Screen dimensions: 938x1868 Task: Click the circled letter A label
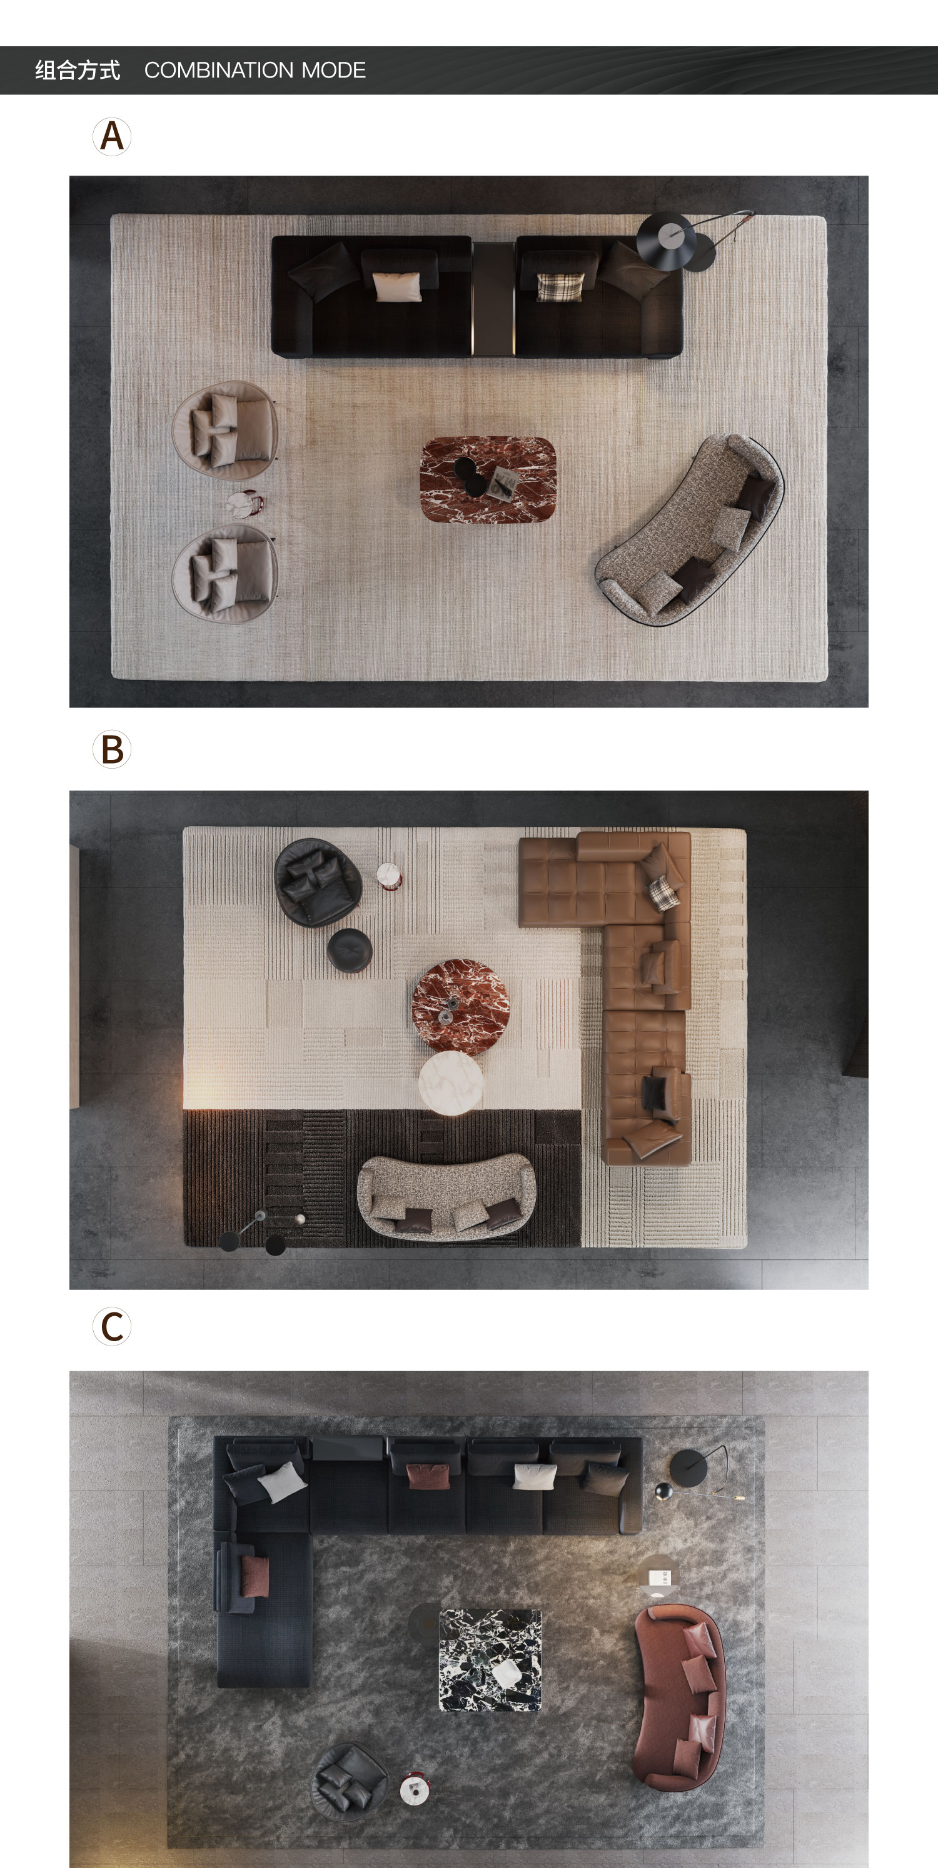pyautogui.click(x=112, y=136)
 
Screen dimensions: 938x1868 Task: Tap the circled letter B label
pyautogui.click(x=112, y=749)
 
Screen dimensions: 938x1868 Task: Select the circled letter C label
pyautogui.click(x=112, y=1326)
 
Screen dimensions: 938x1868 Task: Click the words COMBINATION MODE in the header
pyautogui.click(x=255, y=71)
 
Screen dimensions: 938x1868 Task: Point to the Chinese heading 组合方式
pyautogui.click(x=78, y=71)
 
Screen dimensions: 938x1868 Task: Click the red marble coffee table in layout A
pyautogui.click(x=488, y=479)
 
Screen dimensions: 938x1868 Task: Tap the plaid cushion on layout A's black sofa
pyautogui.click(x=559, y=286)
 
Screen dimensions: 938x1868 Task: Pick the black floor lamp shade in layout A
pyautogui.click(x=666, y=241)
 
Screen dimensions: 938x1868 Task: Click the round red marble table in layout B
pyautogui.click(x=461, y=1007)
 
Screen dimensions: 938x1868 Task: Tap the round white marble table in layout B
pyautogui.click(x=450, y=1082)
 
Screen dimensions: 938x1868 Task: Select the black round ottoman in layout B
pyautogui.click(x=350, y=950)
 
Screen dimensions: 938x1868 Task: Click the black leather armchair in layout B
pyautogui.click(x=318, y=882)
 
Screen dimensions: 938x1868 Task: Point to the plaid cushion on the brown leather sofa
pyautogui.click(x=663, y=892)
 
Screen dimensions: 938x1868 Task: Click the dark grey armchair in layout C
pyautogui.click(x=350, y=1782)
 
